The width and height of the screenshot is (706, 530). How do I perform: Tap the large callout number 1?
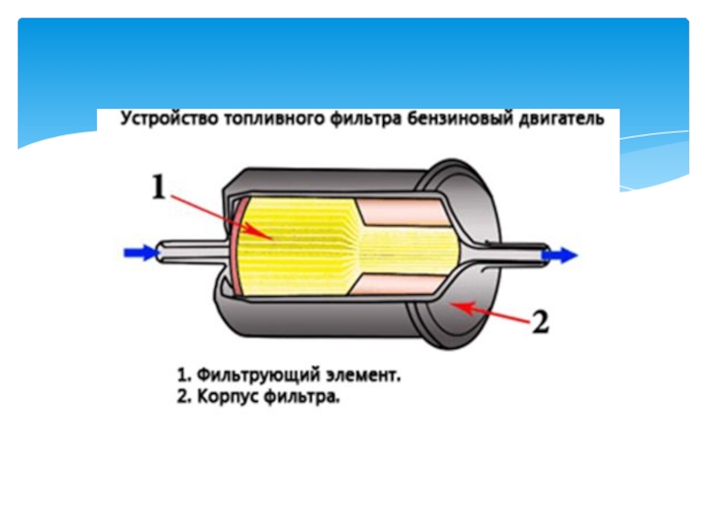pos(159,187)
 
